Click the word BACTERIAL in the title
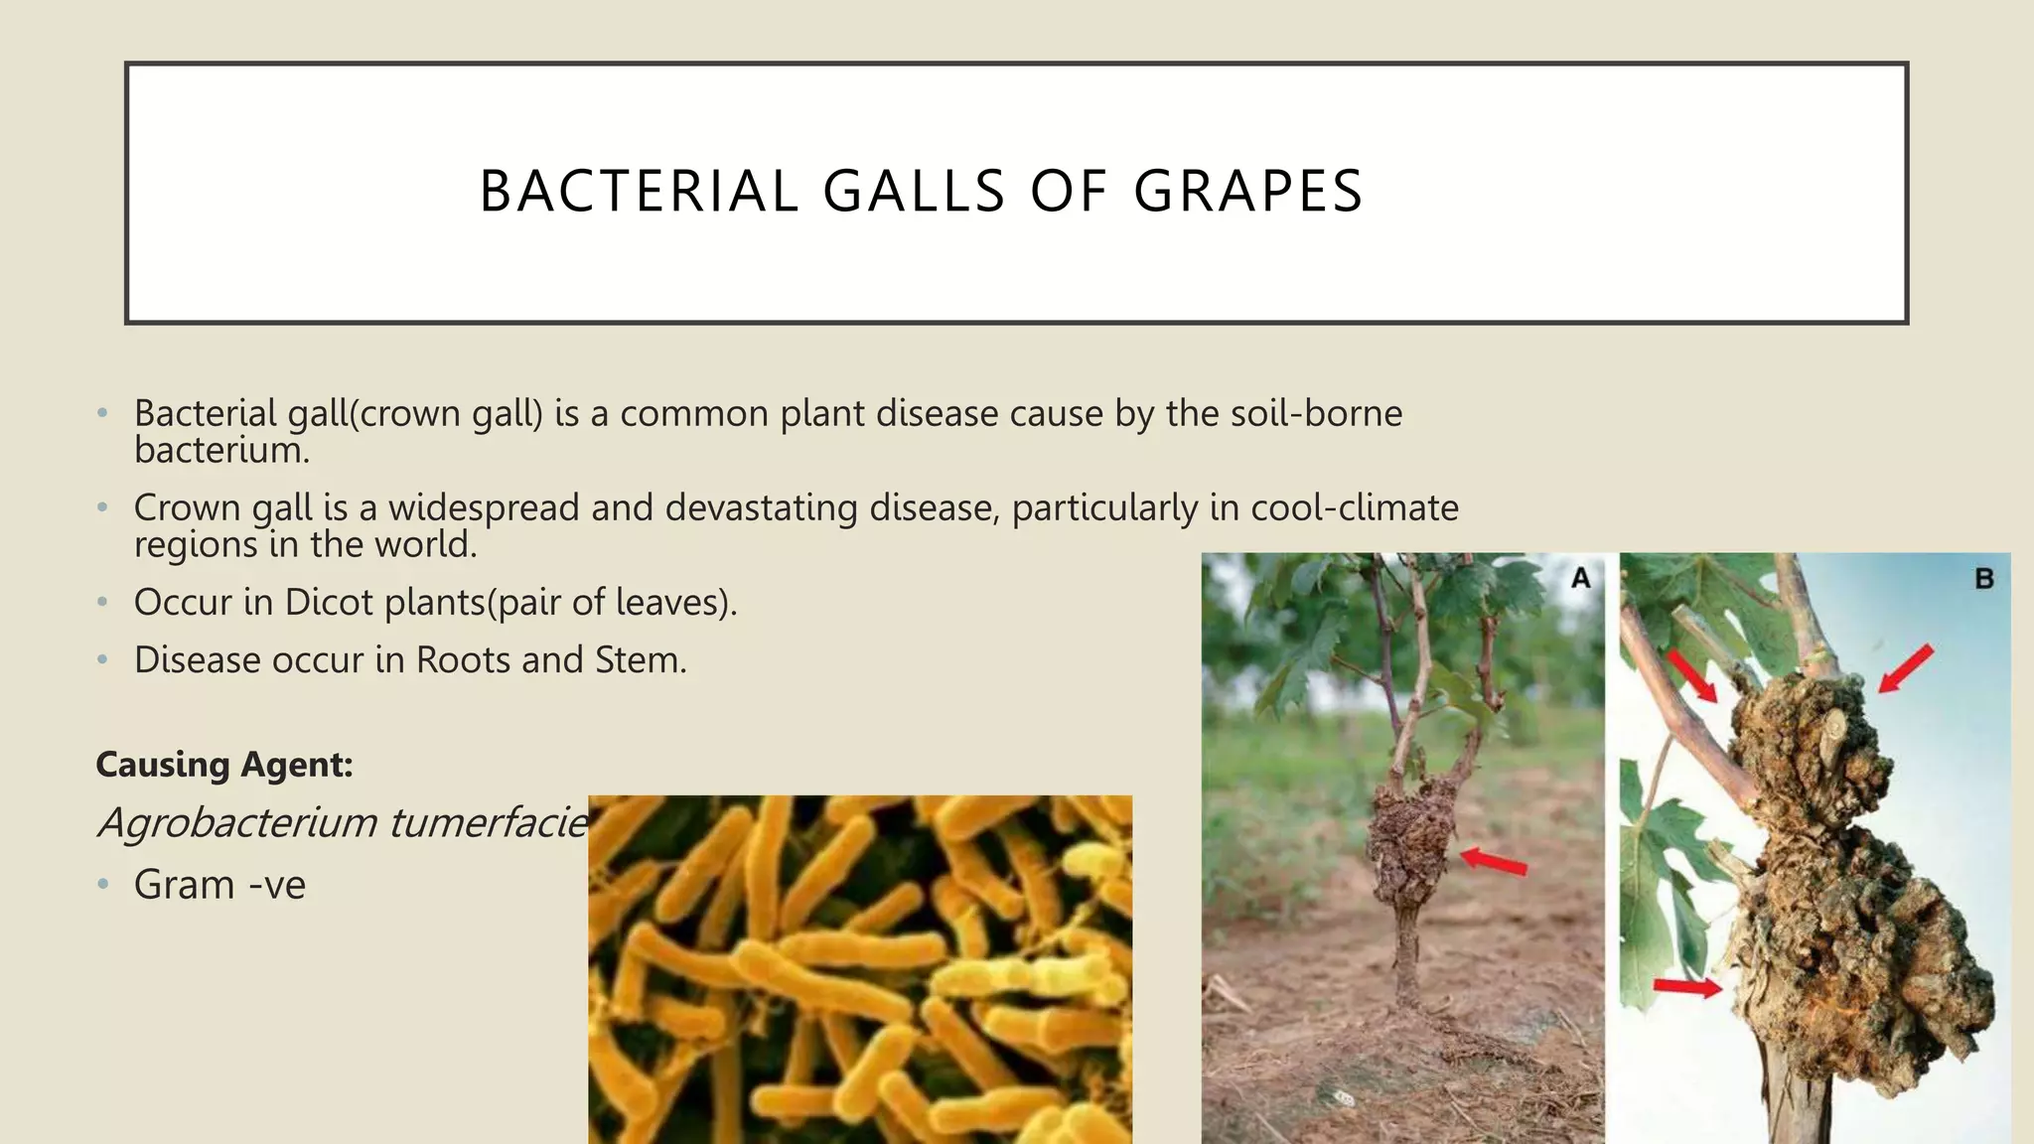click(639, 191)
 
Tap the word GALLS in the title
click(914, 191)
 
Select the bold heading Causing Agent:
click(224, 765)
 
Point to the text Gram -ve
click(219, 885)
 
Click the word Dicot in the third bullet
click(329, 603)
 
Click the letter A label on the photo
click(1580, 578)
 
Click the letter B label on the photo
click(1983, 578)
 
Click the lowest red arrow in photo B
click(1687, 986)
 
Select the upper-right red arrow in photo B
click(1907, 667)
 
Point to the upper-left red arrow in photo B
click(1691, 676)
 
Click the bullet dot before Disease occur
click(102, 660)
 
